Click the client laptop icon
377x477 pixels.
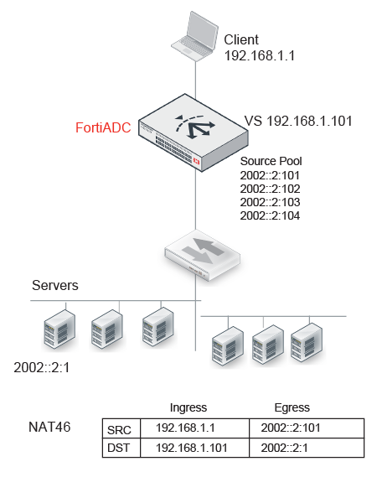coord(195,36)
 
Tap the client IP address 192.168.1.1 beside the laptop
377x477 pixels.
coord(260,55)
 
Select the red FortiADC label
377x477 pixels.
coord(103,127)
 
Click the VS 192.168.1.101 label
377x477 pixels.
coord(298,121)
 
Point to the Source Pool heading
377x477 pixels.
coord(271,161)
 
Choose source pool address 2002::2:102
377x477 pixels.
coord(270,189)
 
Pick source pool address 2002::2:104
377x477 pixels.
coord(270,215)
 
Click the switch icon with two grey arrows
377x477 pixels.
coord(202,255)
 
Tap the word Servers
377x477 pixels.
coord(55,285)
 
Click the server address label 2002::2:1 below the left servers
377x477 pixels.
coord(42,367)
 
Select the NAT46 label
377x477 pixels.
coord(49,427)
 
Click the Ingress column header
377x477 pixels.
coord(188,407)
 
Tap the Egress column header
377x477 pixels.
coord(292,407)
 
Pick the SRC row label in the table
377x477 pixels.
coord(119,430)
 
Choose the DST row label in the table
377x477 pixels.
coord(119,448)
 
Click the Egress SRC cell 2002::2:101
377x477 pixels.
coord(291,428)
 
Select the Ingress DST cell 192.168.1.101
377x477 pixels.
coord(192,448)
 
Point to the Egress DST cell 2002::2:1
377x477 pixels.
coord(284,448)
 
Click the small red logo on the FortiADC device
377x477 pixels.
coord(196,161)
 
